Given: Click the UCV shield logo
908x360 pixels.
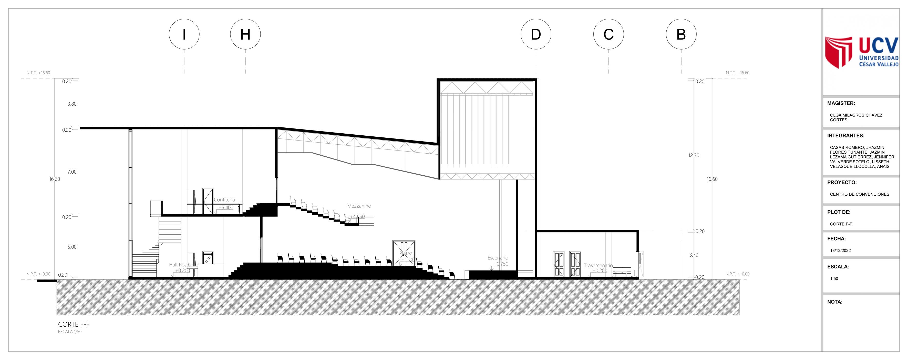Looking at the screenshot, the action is click(x=839, y=52).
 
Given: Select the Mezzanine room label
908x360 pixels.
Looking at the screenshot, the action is click(x=359, y=206).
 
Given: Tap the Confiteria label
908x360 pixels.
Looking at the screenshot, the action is click(x=224, y=199).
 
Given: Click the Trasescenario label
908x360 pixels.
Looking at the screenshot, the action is click(x=598, y=265).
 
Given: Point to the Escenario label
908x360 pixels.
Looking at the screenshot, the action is click(x=498, y=258).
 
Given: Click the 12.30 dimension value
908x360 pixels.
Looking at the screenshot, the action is click(x=694, y=155).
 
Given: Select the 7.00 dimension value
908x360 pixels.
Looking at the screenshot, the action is click(x=72, y=172).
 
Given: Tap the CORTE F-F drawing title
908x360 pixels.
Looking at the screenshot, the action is click(x=74, y=324).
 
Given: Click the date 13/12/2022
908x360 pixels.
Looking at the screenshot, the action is click(x=840, y=251).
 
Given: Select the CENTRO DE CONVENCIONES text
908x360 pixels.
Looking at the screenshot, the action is click(x=859, y=194).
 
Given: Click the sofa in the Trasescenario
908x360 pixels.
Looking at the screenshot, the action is click(x=622, y=272).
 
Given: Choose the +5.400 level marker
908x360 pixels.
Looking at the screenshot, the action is click(x=225, y=208).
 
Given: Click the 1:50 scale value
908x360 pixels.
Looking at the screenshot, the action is click(x=834, y=278).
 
